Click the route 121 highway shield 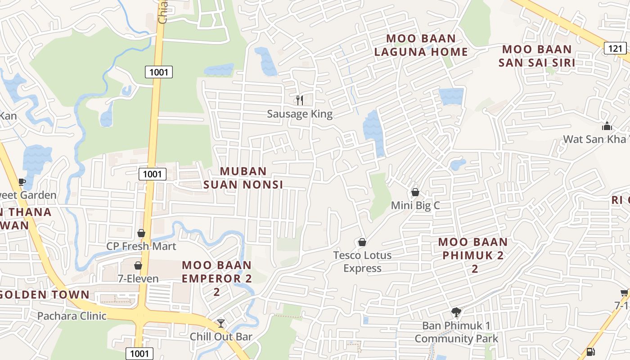coord(615,48)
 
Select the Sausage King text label coord(300,114)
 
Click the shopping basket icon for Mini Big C coord(415,192)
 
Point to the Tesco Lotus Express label coord(362,261)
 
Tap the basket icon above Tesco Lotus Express coord(362,242)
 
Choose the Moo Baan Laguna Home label coord(421,45)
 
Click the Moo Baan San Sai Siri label coord(536,56)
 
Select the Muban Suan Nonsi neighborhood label coord(243,178)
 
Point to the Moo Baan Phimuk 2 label coord(473,255)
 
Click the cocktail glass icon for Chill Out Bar coord(220,323)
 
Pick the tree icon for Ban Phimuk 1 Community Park coord(456,312)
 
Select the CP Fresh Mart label coord(141,246)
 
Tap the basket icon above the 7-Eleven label coord(138,265)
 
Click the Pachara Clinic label coord(72,316)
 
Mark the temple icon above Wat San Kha coord(607,126)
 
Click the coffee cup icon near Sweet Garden coord(22,182)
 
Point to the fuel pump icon coord(590,352)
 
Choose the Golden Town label coord(45,295)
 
